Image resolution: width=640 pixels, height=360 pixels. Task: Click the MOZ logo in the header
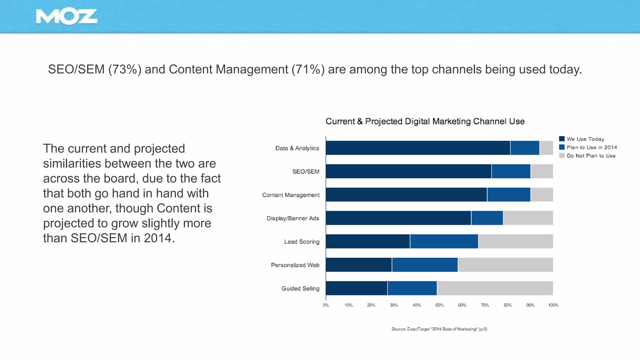coord(67,17)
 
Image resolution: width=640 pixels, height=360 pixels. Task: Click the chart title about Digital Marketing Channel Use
coord(425,121)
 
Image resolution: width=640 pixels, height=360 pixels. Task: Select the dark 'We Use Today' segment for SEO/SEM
coord(408,171)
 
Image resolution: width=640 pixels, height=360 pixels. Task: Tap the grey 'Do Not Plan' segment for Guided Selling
coord(495,288)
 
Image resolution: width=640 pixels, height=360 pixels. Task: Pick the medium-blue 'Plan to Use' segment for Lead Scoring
coord(444,241)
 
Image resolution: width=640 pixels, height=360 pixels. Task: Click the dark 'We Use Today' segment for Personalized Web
coord(359,265)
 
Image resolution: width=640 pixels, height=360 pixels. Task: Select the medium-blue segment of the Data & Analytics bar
coord(525,148)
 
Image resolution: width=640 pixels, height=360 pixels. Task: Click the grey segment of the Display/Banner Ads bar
coord(528,218)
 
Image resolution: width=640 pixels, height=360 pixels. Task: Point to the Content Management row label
coord(291,195)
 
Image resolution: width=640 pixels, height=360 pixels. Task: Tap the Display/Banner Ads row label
coord(293,218)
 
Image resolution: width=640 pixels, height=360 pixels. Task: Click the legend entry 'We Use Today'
coord(585,139)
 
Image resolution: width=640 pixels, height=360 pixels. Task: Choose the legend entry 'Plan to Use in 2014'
coord(591,147)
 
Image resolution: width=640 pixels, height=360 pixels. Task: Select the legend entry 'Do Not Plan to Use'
coord(591,156)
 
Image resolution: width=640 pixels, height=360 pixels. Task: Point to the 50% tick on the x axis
coord(439,305)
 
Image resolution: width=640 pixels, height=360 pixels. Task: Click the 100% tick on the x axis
coord(553,305)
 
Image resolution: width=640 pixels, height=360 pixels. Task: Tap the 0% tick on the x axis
coord(326,305)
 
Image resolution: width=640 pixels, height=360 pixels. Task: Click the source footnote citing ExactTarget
coord(439,329)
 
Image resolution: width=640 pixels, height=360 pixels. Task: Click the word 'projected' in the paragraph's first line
coord(159,149)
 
